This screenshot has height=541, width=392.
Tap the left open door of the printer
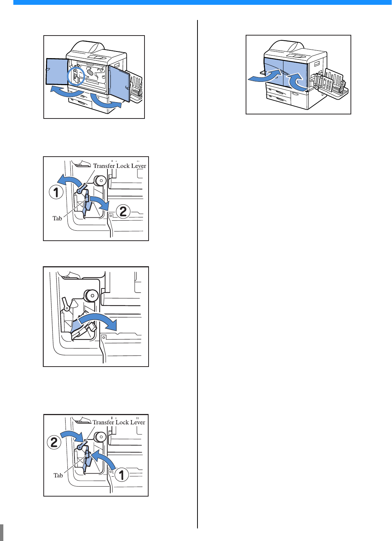[x=57, y=71]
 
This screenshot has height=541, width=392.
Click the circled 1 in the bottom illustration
[x=122, y=474]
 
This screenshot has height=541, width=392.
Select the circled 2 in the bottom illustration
[x=54, y=442]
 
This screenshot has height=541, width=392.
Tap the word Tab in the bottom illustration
[x=58, y=475]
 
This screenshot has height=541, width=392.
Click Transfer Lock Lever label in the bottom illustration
[x=119, y=422]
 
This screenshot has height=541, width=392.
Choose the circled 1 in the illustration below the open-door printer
[x=56, y=192]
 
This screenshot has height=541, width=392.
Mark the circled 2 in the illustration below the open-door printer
[x=123, y=211]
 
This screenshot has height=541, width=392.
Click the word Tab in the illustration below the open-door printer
[x=57, y=218]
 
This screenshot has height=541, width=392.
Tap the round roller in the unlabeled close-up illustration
[x=91, y=295]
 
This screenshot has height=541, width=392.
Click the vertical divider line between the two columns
[x=197, y=271]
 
